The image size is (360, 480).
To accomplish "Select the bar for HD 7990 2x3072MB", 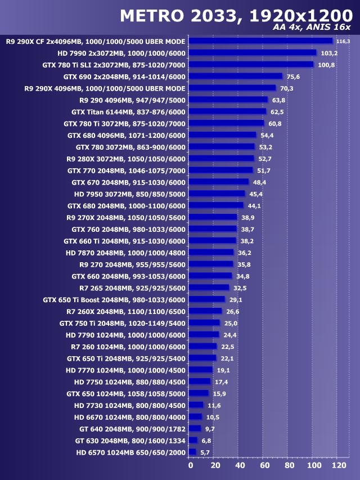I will click(253, 53).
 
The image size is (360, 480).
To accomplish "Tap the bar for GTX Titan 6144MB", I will click(228, 111).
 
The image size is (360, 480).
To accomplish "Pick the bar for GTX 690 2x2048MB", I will click(236, 77).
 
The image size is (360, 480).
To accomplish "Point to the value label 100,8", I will click(326, 65).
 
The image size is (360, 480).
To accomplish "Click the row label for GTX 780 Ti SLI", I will click(114, 65).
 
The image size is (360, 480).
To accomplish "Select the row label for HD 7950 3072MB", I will click(129, 194).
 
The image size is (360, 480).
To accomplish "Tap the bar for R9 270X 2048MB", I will click(213, 217).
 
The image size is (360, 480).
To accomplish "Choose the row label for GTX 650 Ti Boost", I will click(114, 299).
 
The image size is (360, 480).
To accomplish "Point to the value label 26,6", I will click(233, 311).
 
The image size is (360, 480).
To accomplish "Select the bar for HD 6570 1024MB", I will click(192, 452).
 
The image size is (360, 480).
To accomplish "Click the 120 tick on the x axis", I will click(339, 466).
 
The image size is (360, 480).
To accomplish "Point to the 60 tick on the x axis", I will click(264, 466).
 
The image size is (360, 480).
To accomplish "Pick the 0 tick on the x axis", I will click(190, 466).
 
